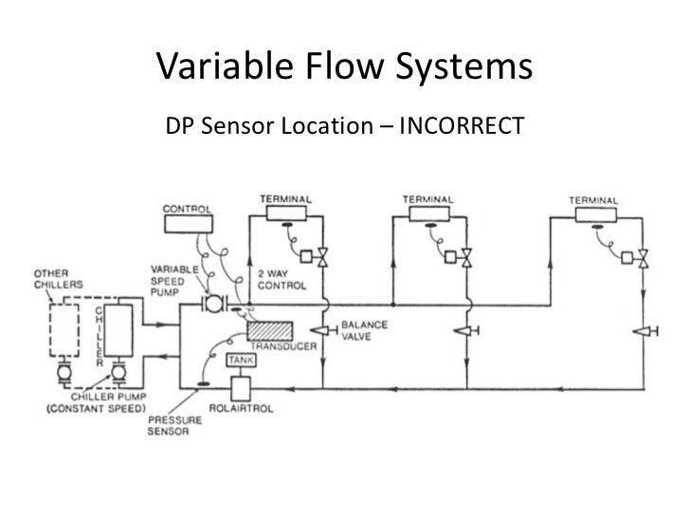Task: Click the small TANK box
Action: (x=236, y=360)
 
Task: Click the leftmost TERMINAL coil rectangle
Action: (x=284, y=213)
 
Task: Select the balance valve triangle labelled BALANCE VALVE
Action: (x=322, y=330)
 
